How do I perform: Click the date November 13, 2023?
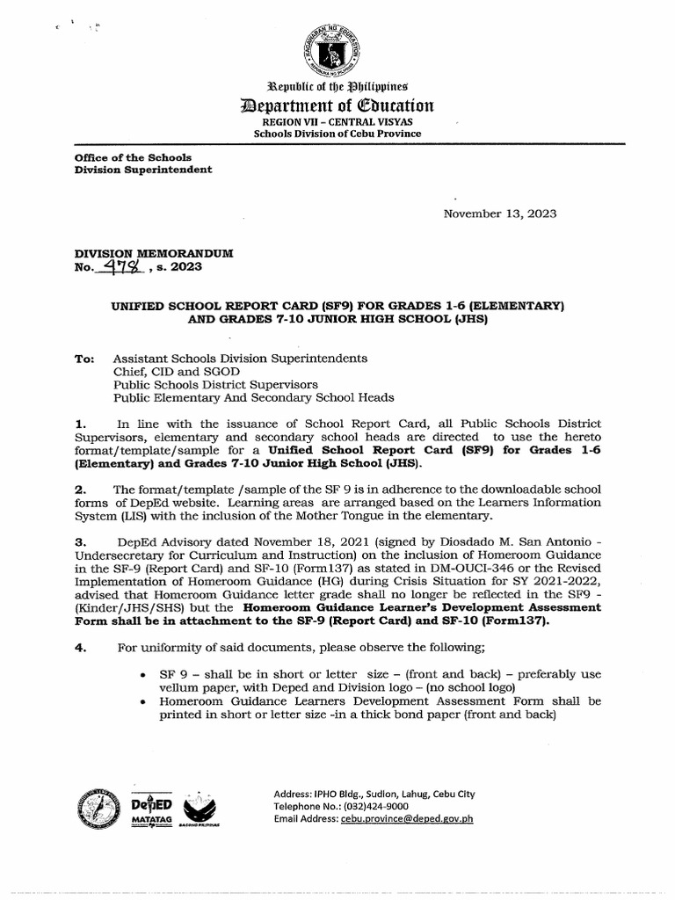pyautogui.click(x=499, y=214)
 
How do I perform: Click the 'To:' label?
pyautogui.click(x=85, y=359)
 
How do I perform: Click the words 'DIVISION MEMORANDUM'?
pyautogui.click(x=154, y=253)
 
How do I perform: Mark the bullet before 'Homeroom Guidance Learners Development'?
pyautogui.click(x=143, y=702)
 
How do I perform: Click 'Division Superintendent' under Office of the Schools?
pyautogui.click(x=143, y=170)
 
